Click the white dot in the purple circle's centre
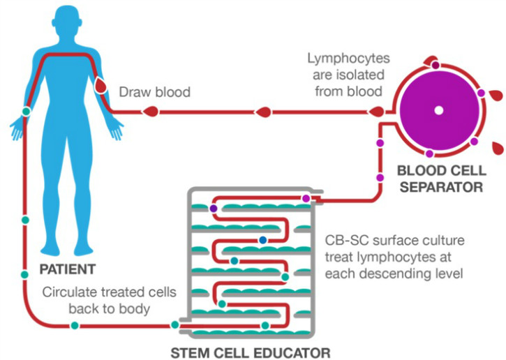(x=438, y=110)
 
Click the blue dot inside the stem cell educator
(x=262, y=240)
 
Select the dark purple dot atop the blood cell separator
(x=436, y=65)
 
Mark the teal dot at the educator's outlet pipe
(x=174, y=324)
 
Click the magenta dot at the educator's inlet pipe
(x=306, y=200)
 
